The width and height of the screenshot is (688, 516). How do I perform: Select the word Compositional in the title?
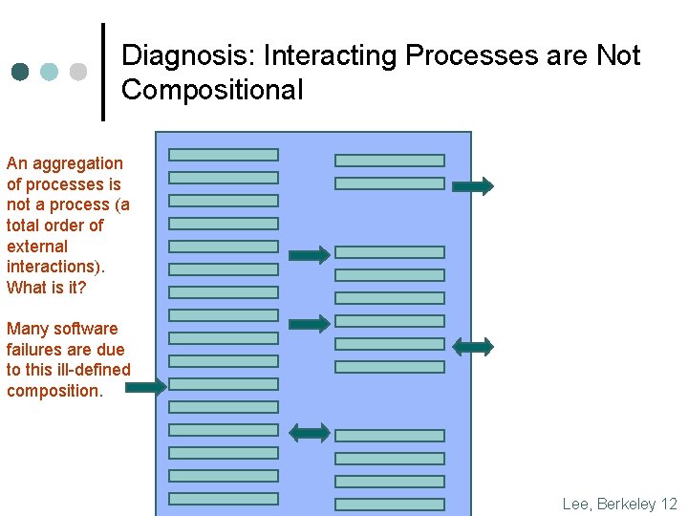(212, 91)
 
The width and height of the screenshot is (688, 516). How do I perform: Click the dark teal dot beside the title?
(21, 72)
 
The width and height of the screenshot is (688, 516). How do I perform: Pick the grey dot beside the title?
(78, 72)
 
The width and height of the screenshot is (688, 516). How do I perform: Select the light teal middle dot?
(50, 72)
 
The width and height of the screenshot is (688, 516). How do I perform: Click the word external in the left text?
(37, 246)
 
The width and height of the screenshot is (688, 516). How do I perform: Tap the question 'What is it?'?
(46, 287)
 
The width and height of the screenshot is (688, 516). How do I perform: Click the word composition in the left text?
(53, 391)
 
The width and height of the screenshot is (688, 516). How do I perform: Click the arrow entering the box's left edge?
(145, 387)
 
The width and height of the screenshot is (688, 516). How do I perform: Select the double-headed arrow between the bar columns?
(309, 433)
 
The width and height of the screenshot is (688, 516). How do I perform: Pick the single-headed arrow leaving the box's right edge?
(473, 185)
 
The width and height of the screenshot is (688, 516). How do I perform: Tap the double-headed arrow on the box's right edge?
(473, 346)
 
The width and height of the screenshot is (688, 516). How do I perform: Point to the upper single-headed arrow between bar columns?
(309, 254)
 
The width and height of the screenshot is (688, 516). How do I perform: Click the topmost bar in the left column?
(224, 154)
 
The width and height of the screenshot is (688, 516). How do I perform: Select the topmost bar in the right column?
(390, 161)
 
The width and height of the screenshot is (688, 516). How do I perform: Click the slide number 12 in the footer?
(669, 504)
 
